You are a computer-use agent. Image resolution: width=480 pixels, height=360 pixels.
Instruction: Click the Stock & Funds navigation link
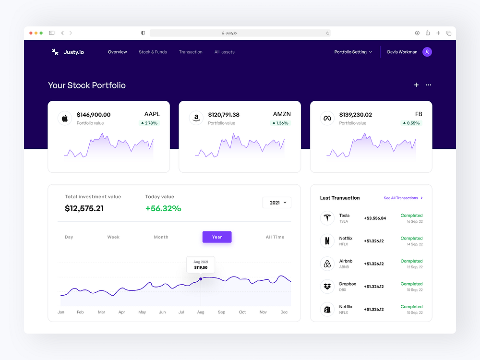pos(153,52)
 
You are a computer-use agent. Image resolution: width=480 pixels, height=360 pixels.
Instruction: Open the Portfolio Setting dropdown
pos(353,52)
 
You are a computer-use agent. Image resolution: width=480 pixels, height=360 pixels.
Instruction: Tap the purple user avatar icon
pos(427,52)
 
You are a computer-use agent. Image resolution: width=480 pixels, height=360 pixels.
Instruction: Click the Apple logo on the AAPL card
pos(65,118)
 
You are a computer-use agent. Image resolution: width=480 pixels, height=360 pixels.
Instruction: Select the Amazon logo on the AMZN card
pos(196,118)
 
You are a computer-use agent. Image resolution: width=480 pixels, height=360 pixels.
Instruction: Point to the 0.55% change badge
pos(411,123)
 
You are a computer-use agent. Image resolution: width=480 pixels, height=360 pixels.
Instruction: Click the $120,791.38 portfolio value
pos(224,115)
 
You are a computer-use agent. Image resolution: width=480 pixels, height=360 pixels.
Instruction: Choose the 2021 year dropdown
pos(277,203)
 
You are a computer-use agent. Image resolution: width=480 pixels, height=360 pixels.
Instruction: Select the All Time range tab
pos(275,237)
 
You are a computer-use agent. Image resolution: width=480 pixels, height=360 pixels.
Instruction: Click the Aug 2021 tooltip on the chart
pos(201,264)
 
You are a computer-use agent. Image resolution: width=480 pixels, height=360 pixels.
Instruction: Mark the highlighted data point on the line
pos(201,279)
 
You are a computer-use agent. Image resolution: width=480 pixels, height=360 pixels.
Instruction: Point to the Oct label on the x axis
pos(242,312)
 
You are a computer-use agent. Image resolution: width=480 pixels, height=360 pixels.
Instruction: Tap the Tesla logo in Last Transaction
pos(327,218)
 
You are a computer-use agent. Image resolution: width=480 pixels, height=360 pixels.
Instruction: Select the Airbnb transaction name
pos(346,261)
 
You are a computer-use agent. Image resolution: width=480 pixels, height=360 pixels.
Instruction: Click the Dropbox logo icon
pos(327,287)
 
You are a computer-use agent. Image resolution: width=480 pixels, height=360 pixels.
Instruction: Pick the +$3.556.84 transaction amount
pos(375,218)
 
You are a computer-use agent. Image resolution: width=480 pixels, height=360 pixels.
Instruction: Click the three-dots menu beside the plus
pos(429,85)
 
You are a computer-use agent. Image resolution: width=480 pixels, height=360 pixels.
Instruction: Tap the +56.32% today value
pos(163,208)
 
